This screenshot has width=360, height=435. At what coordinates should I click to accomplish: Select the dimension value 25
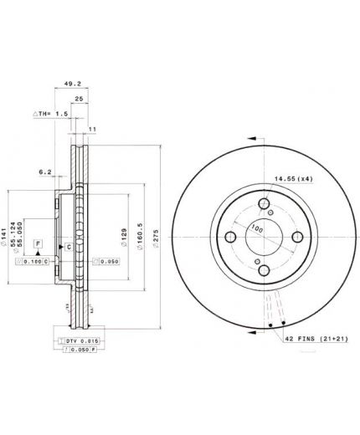point(78,99)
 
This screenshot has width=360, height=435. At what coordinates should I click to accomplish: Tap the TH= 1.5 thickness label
point(52,113)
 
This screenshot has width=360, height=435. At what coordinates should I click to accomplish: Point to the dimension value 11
point(92,128)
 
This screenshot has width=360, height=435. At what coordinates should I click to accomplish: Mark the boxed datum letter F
point(38,243)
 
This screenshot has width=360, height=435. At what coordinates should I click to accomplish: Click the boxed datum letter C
point(68,247)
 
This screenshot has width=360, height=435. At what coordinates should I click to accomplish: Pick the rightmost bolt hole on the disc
point(296,240)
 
